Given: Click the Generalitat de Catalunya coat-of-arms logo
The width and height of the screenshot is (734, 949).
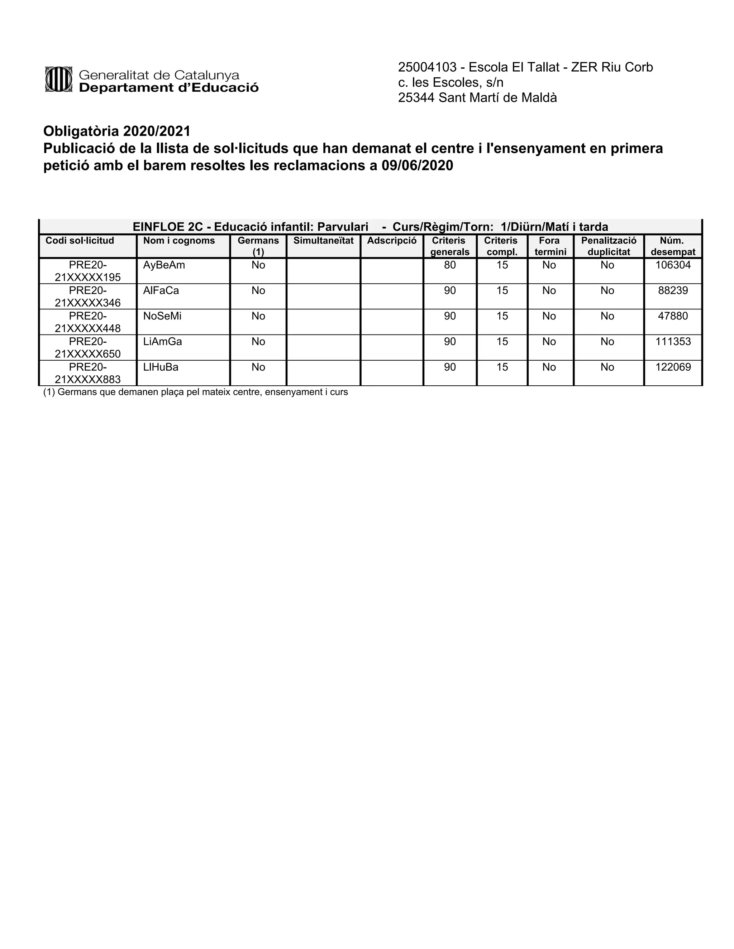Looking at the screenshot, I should [58, 79].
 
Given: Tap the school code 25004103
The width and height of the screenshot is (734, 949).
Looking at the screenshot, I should [427, 67].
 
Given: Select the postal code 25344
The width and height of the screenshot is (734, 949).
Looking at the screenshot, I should [416, 98].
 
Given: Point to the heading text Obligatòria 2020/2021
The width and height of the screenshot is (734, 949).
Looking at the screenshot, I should [116, 131].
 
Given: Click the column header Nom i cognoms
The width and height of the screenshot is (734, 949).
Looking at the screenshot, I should [179, 241].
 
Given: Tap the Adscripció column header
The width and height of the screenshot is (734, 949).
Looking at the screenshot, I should [391, 241].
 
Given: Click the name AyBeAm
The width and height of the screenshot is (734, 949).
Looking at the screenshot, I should [164, 265].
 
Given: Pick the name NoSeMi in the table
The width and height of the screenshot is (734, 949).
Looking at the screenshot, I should [162, 316].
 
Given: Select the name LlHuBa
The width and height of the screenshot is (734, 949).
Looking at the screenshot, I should [161, 367].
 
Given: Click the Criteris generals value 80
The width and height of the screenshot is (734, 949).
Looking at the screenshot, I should [450, 265].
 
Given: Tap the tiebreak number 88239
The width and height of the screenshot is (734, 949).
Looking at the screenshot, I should [673, 290].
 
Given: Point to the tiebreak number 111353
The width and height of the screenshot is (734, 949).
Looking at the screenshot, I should [673, 342].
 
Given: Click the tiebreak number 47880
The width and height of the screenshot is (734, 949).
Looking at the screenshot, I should [673, 316].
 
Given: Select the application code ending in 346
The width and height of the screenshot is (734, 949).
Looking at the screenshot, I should [87, 297].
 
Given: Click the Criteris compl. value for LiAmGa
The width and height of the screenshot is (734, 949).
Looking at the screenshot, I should [502, 342].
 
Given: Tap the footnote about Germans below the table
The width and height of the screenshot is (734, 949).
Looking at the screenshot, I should [195, 392].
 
